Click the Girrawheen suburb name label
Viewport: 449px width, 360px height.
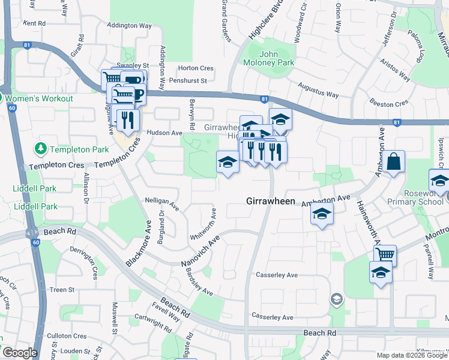click(x=271, y=202)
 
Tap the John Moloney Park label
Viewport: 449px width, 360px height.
click(x=268, y=58)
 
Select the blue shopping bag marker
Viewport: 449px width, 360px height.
click(x=394, y=162)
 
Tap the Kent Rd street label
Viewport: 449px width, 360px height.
click(x=34, y=23)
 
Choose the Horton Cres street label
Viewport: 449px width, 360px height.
click(x=196, y=68)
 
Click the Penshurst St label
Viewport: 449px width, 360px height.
click(x=187, y=80)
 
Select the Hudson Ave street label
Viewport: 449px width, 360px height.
click(x=167, y=133)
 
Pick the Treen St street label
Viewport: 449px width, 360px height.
click(x=62, y=290)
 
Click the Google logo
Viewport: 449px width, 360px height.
click(x=19, y=353)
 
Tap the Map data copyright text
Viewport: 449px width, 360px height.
click(x=411, y=355)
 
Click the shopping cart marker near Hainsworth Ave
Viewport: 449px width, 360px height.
click(x=385, y=255)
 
